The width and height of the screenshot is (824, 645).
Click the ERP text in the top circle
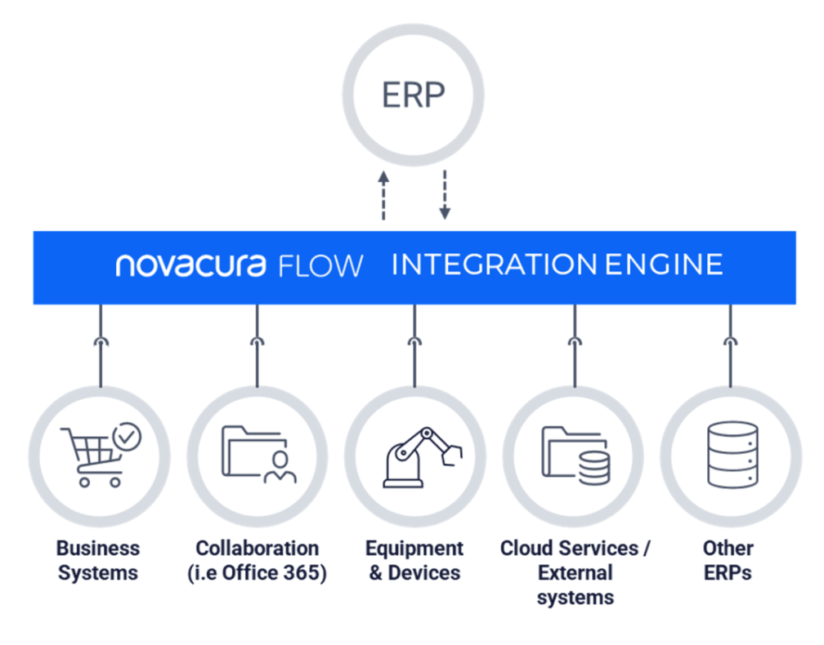point(413,96)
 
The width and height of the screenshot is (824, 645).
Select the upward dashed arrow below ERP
point(383,196)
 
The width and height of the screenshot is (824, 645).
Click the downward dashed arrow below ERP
point(444,196)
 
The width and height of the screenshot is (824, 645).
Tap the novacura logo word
point(191,265)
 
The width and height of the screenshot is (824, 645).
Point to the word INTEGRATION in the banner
point(495,265)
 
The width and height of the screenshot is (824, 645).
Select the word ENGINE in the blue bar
point(664,265)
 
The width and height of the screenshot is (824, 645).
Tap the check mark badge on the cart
point(126,438)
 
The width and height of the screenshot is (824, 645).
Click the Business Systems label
point(98,560)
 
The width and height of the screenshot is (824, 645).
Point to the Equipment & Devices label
point(414,560)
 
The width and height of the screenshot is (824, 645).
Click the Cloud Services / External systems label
point(575,572)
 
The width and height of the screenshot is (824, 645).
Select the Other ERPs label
point(728,560)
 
